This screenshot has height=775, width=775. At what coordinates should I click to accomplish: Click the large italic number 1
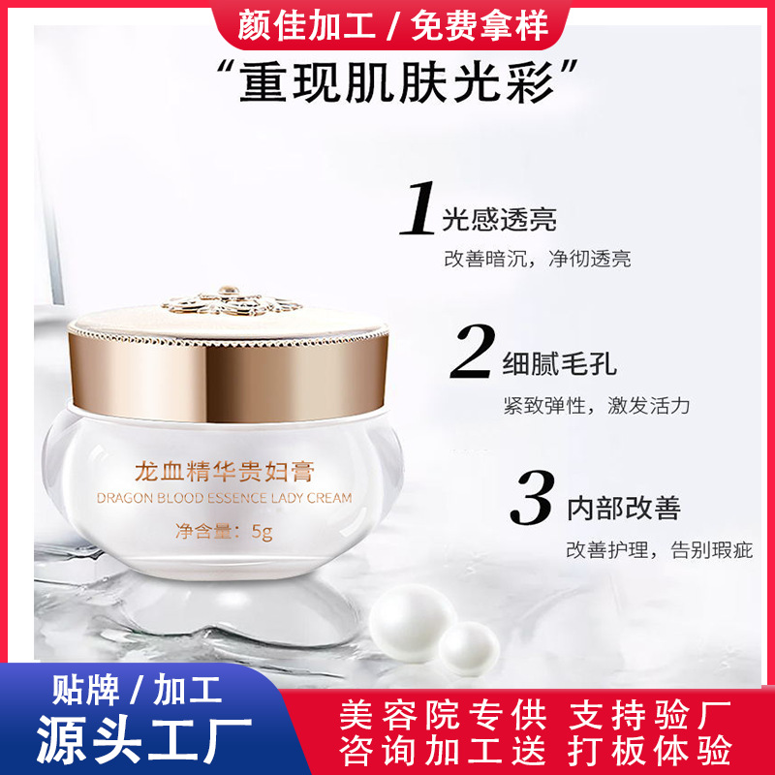[418, 205]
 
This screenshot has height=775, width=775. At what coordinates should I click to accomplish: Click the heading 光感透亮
[500, 219]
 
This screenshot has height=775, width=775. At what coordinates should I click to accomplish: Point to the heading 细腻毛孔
[560, 365]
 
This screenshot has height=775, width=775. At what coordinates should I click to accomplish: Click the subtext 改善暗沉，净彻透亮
[537, 259]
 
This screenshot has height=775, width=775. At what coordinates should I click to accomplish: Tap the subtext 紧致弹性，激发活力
[596, 405]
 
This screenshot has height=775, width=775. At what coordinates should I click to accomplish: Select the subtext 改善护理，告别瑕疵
[661, 550]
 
